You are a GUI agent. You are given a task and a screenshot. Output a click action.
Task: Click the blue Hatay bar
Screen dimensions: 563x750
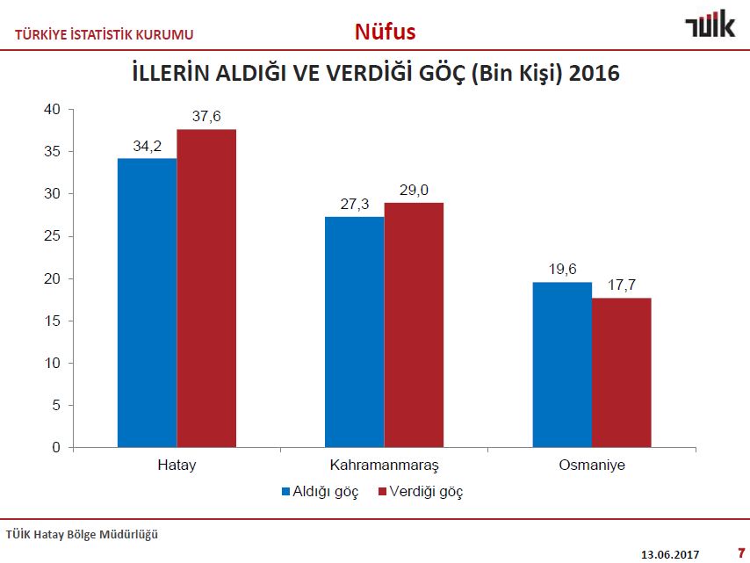148,303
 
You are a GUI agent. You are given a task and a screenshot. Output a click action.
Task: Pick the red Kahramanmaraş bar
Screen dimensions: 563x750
414,325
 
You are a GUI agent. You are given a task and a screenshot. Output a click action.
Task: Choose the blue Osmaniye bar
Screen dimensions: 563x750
562,365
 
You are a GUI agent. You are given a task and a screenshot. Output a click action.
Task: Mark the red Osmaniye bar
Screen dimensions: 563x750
622,372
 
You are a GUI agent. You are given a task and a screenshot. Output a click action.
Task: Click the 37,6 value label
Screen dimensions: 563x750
206,117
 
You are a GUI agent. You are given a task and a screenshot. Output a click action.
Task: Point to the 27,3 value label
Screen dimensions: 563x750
354,204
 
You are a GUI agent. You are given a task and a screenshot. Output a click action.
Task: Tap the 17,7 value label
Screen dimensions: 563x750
622,285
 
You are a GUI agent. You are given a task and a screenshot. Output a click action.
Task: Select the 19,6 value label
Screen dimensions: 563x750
562,270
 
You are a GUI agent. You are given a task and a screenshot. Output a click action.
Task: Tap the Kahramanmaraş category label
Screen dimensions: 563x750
384,465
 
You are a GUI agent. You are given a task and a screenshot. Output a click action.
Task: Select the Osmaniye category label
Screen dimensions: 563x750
592,465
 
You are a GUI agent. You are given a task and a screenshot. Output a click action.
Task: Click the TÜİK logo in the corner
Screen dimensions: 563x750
710,25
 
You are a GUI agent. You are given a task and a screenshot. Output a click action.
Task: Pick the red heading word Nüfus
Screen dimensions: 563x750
385,32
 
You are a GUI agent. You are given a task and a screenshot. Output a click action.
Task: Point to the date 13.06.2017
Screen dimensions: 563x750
671,553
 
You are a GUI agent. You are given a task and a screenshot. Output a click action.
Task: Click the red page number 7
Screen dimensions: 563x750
739,552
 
